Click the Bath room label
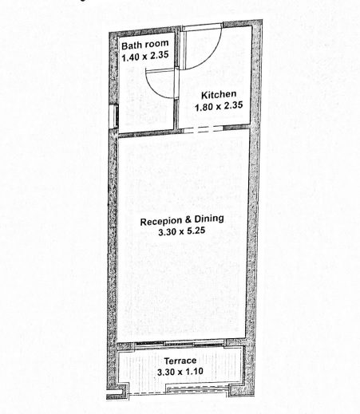pos(145,45)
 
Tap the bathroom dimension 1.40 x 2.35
pos(145,56)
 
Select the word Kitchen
pos(219,95)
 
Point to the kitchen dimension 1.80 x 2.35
pos(219,106)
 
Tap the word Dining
pos(209,219)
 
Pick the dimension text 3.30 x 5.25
pos(181,231)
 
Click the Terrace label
pos(180,361)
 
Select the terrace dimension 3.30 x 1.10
pos(180,372)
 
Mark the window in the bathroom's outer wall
pos(113,116)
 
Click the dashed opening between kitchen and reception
pos(204,129)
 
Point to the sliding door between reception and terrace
pos(180,344)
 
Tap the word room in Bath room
pos(157,44)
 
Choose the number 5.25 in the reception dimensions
pos(196,231)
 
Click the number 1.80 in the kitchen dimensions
pos(204,108)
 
